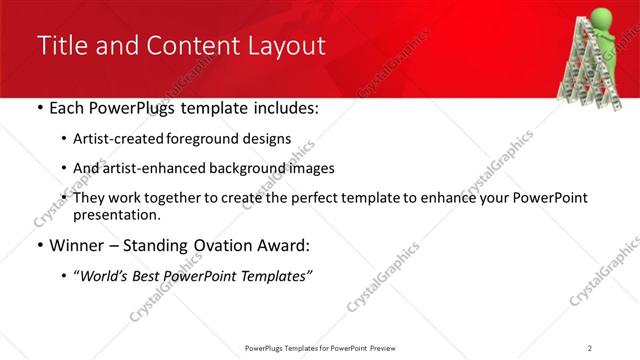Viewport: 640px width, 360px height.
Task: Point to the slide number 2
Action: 590,347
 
